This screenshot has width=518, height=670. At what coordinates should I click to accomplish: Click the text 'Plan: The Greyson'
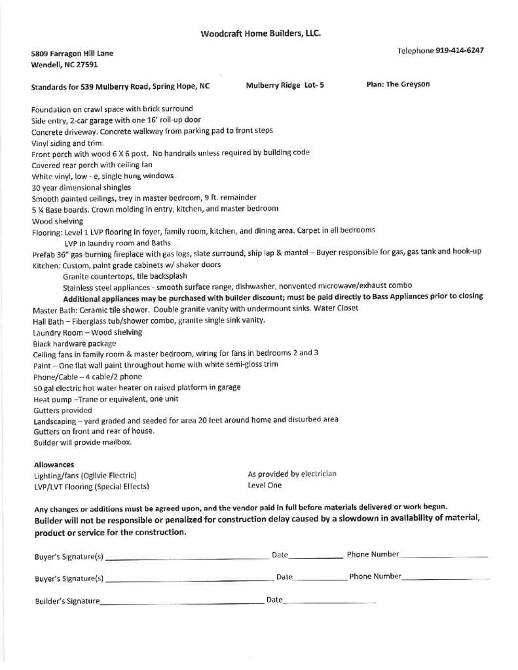398,84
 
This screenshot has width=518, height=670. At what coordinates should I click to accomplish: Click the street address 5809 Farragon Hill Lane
71,54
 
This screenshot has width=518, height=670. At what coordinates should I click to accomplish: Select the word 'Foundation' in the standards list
51,109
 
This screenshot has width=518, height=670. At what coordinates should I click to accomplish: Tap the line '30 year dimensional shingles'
81,187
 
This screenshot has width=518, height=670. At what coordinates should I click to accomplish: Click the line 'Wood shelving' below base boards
57,221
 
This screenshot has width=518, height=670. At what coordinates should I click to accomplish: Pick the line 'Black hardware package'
74,344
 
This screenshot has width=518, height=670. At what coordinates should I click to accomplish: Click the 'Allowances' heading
54,465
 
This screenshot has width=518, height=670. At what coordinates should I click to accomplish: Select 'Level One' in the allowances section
265,485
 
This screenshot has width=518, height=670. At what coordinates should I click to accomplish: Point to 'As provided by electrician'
292,474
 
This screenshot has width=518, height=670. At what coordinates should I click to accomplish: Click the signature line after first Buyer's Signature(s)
187,558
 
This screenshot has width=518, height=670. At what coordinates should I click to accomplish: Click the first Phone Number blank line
443,556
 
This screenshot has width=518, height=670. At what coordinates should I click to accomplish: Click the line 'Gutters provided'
63,410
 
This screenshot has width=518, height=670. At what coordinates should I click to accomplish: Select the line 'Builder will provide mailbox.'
83,442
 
